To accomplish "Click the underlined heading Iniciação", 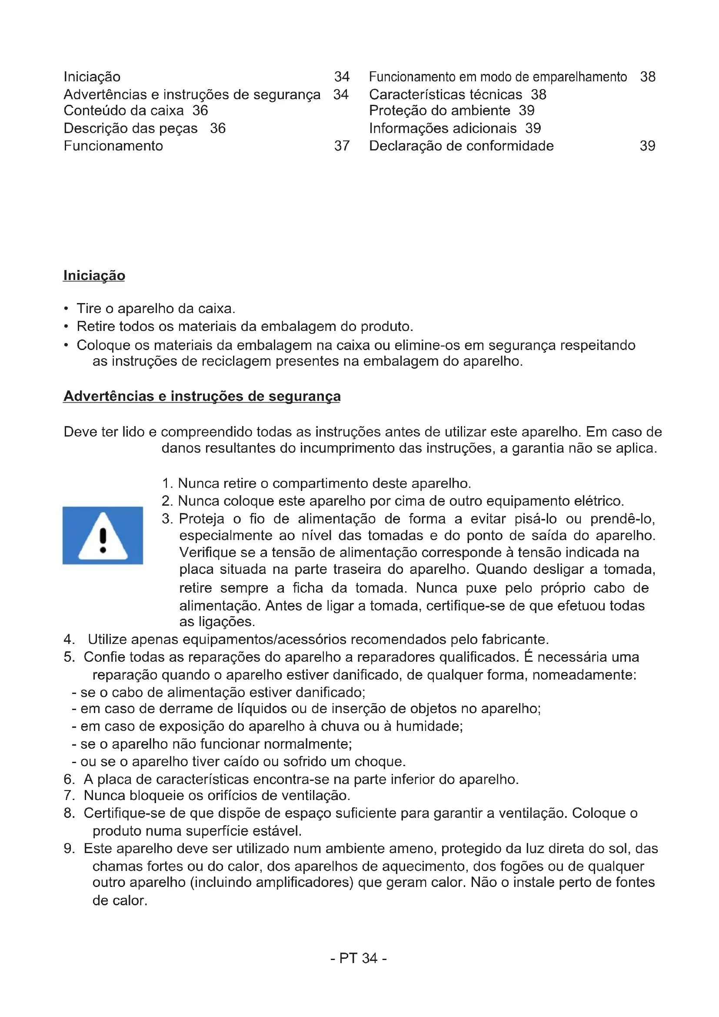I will click(94, 276).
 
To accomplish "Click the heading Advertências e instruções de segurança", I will click(202, 396).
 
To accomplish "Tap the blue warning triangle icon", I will click(103, 536).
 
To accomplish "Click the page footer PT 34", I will click(359, 958).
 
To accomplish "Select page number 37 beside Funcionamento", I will click(342, 146).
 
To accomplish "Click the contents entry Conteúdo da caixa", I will click(123, 110).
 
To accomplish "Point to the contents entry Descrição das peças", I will click(130, 128).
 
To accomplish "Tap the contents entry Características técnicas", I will click(446, 94).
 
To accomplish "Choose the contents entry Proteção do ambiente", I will click(439, 110).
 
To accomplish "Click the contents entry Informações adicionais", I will click(443, 128).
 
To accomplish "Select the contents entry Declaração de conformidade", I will click(461, 146).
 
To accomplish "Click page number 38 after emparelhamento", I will click(648, 77).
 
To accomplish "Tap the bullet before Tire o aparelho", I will click(66, 309).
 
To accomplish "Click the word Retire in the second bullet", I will click(92, 327).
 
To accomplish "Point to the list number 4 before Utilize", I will click(68, 639).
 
